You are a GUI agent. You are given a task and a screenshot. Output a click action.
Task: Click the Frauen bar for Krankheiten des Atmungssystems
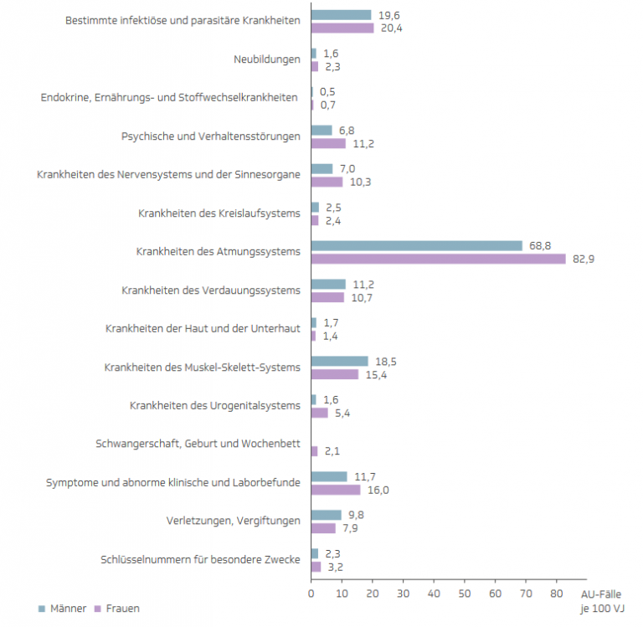tap(438, 259)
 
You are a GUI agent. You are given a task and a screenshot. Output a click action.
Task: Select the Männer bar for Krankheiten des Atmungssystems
tap(416, 246)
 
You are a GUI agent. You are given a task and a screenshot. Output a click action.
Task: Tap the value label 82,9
tap(583, 259)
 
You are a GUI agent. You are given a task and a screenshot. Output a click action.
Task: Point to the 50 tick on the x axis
tap(464, 594)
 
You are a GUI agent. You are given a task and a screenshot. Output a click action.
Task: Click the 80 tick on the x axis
tap(556, 594)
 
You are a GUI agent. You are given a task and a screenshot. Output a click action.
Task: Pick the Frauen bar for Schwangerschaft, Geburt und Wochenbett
tap(314, 451)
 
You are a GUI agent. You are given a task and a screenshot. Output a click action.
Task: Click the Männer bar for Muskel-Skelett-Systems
tap(339, 362)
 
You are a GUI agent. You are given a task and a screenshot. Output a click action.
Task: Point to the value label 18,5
tap(385, 362)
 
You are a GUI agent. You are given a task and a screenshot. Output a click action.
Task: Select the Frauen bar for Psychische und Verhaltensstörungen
tap(328, 143)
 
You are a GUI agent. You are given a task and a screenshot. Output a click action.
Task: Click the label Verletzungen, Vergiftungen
tap(233, 522)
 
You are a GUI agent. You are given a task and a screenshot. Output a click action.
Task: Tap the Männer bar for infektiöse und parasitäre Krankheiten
tap(341, 15)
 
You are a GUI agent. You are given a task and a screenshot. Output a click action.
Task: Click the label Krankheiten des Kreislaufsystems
tap(219, 213)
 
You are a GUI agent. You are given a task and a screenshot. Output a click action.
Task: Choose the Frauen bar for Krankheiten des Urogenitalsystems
tap(319, 413)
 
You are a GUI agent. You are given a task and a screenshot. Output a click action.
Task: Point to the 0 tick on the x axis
tap(311, 594)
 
